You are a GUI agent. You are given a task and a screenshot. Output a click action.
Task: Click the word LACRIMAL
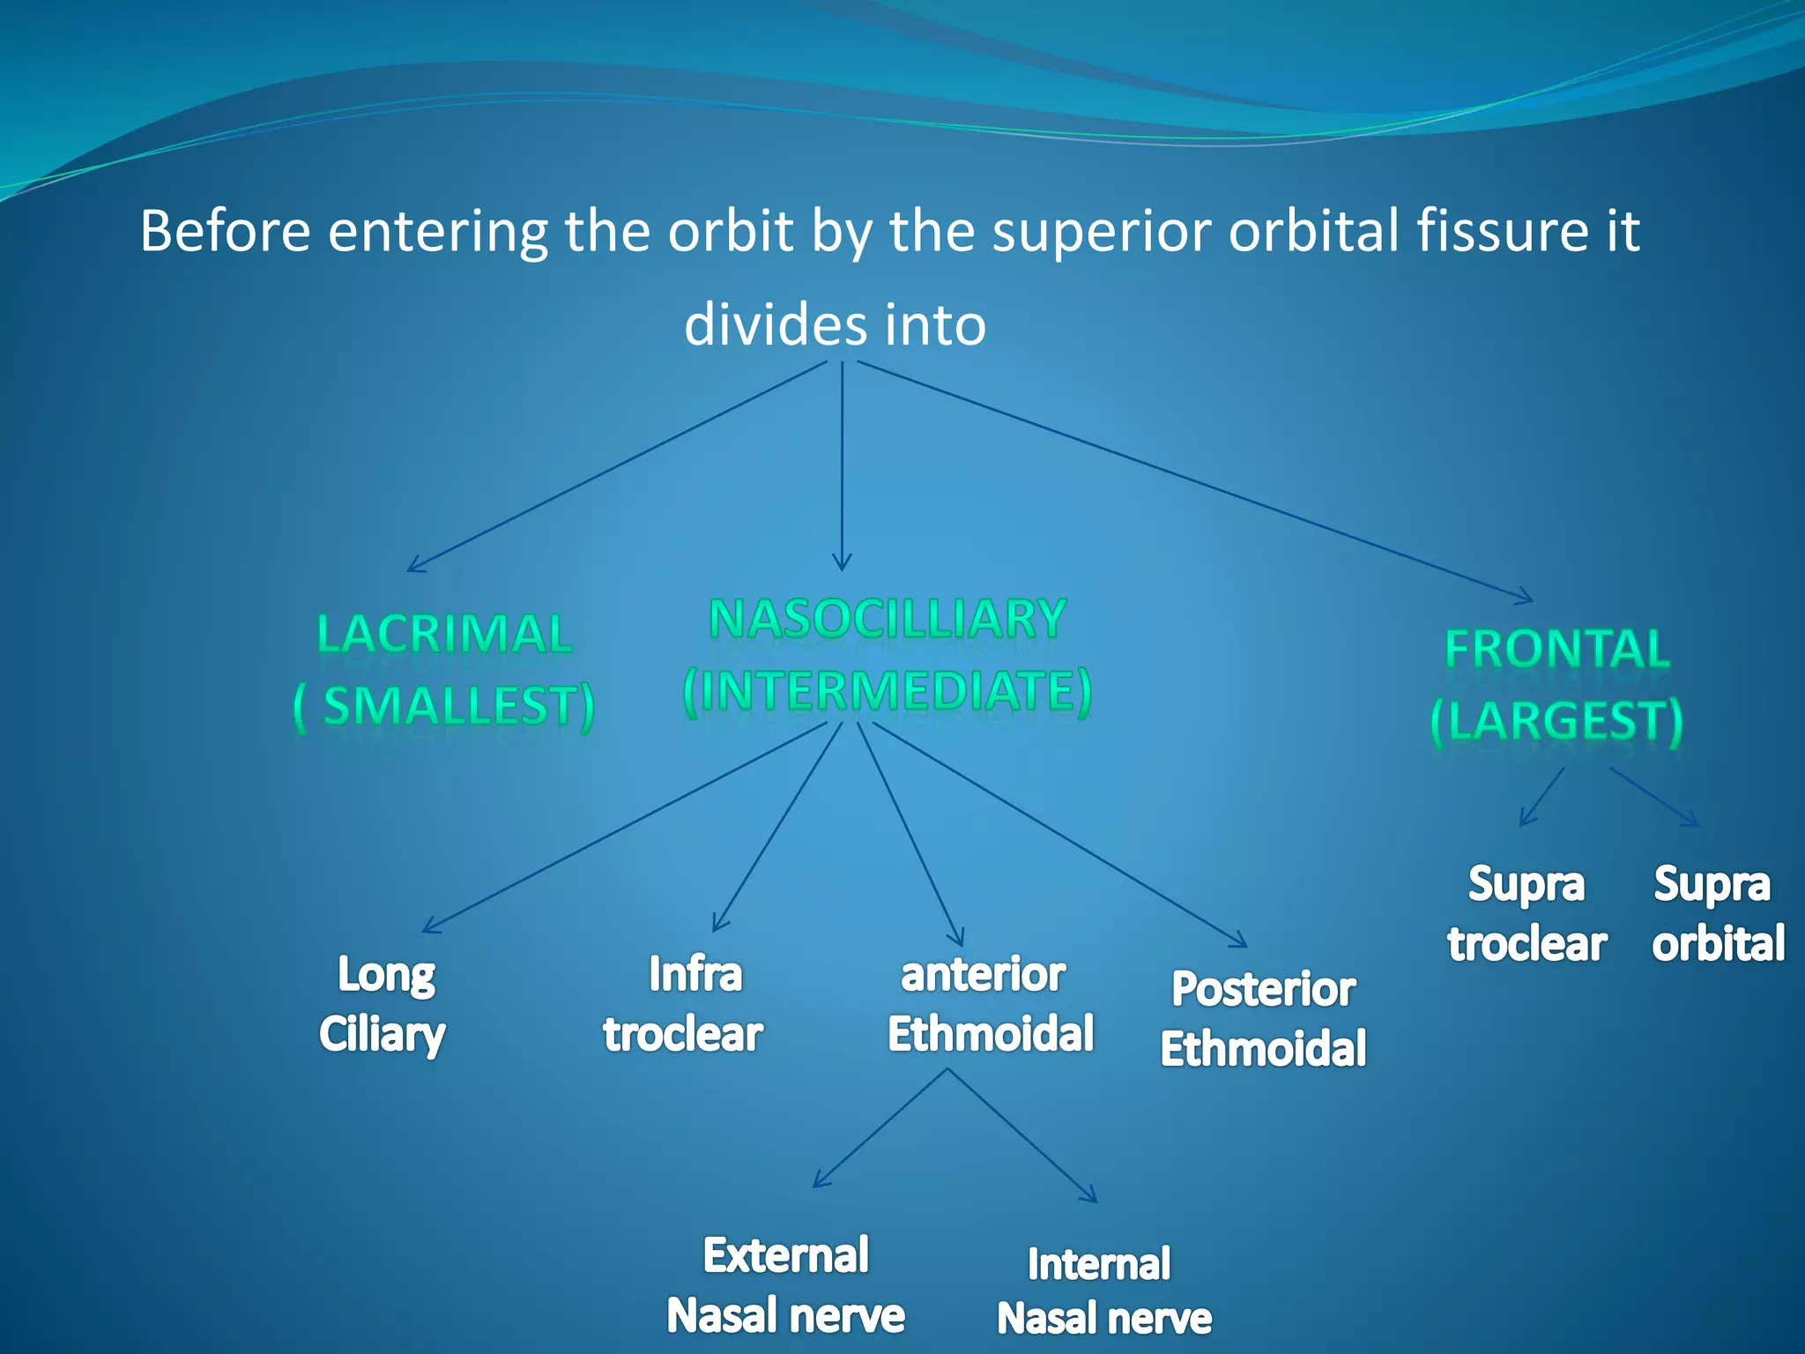pos(444,634)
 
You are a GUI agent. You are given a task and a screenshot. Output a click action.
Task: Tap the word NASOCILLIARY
pos(888,619)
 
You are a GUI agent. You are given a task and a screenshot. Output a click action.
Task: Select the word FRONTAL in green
pos(1557,650)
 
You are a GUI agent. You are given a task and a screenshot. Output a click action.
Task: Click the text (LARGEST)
pos(1556,721)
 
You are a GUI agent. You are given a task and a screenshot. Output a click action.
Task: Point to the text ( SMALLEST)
pos(444,706)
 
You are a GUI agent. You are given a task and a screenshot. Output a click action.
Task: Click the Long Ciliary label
pos(383,1004)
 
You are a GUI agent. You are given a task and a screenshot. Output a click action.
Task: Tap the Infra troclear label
pos(684,1004)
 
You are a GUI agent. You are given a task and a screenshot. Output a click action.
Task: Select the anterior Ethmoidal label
pos(990,1004)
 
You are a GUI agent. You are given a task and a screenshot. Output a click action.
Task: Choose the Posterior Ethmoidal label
pos(1263,1019)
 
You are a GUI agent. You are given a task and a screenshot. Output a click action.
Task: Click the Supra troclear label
pos(1526,914)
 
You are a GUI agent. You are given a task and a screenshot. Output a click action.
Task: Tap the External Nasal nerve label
pos(785,1285)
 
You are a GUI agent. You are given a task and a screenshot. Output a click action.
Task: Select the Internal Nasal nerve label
pos(1103,1291)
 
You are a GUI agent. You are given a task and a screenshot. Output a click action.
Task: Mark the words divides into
pos(835,324)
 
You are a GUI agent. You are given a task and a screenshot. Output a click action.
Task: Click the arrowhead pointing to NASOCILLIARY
pos(842,564)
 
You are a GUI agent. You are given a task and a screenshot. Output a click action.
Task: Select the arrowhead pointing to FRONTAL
pos(1526,599)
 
